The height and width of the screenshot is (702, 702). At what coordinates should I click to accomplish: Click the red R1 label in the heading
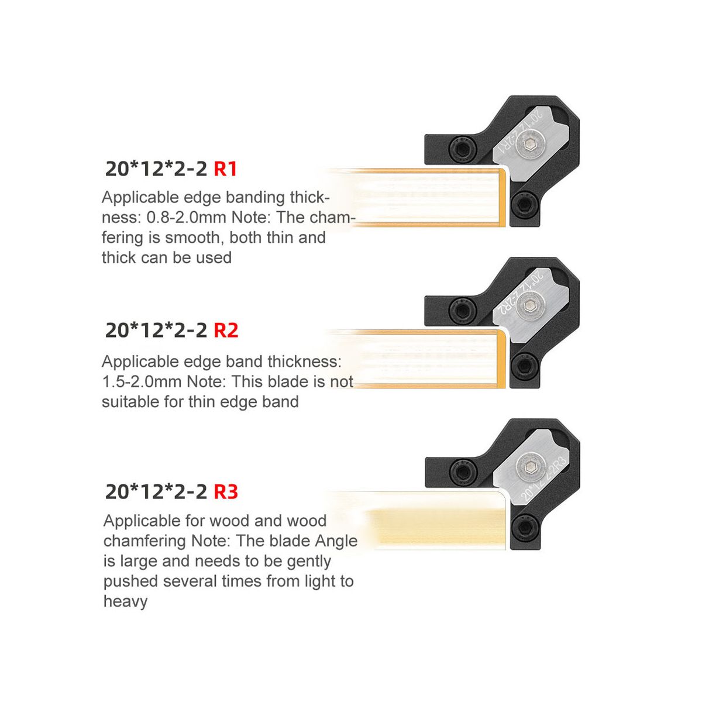point(225,169)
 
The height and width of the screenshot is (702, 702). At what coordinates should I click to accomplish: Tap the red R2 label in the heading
point(225,331)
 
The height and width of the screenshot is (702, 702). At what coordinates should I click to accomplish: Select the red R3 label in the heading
point(225,492)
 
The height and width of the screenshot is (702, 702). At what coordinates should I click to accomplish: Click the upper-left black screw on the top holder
point(463,149)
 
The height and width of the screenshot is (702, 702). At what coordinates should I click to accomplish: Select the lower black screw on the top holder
point(524,204)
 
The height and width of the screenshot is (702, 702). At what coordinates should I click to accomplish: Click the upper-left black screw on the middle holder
point(463,311)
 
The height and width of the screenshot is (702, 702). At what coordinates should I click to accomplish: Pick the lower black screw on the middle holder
point(524,366)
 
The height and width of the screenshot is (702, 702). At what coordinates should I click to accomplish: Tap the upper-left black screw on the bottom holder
point(463,472)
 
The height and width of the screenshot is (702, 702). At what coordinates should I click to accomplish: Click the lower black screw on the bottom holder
point(524,527)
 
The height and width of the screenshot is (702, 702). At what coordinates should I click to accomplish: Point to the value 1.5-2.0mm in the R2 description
point(142,382)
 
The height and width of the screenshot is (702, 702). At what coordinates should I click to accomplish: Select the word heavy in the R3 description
point(126,601)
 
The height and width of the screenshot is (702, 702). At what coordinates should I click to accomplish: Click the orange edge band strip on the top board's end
point(502,197)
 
